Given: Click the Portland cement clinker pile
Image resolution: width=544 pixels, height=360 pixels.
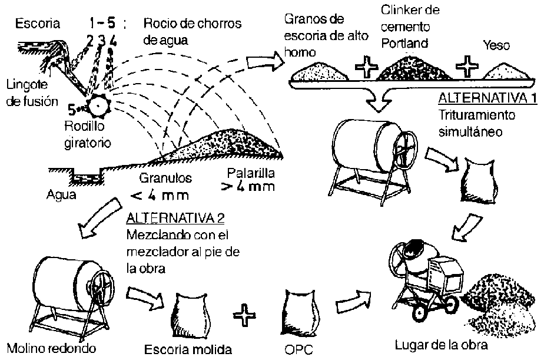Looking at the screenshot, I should point(417,69).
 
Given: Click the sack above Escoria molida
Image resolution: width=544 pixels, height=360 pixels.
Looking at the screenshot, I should point(191,313).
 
